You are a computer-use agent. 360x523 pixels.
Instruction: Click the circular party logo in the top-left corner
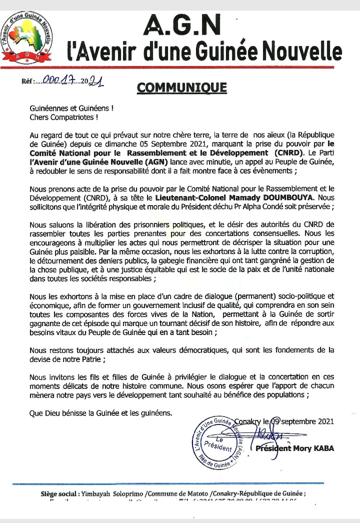click(x=29, y=37)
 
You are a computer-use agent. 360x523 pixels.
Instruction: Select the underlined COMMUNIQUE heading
click(x=181, y=86)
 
